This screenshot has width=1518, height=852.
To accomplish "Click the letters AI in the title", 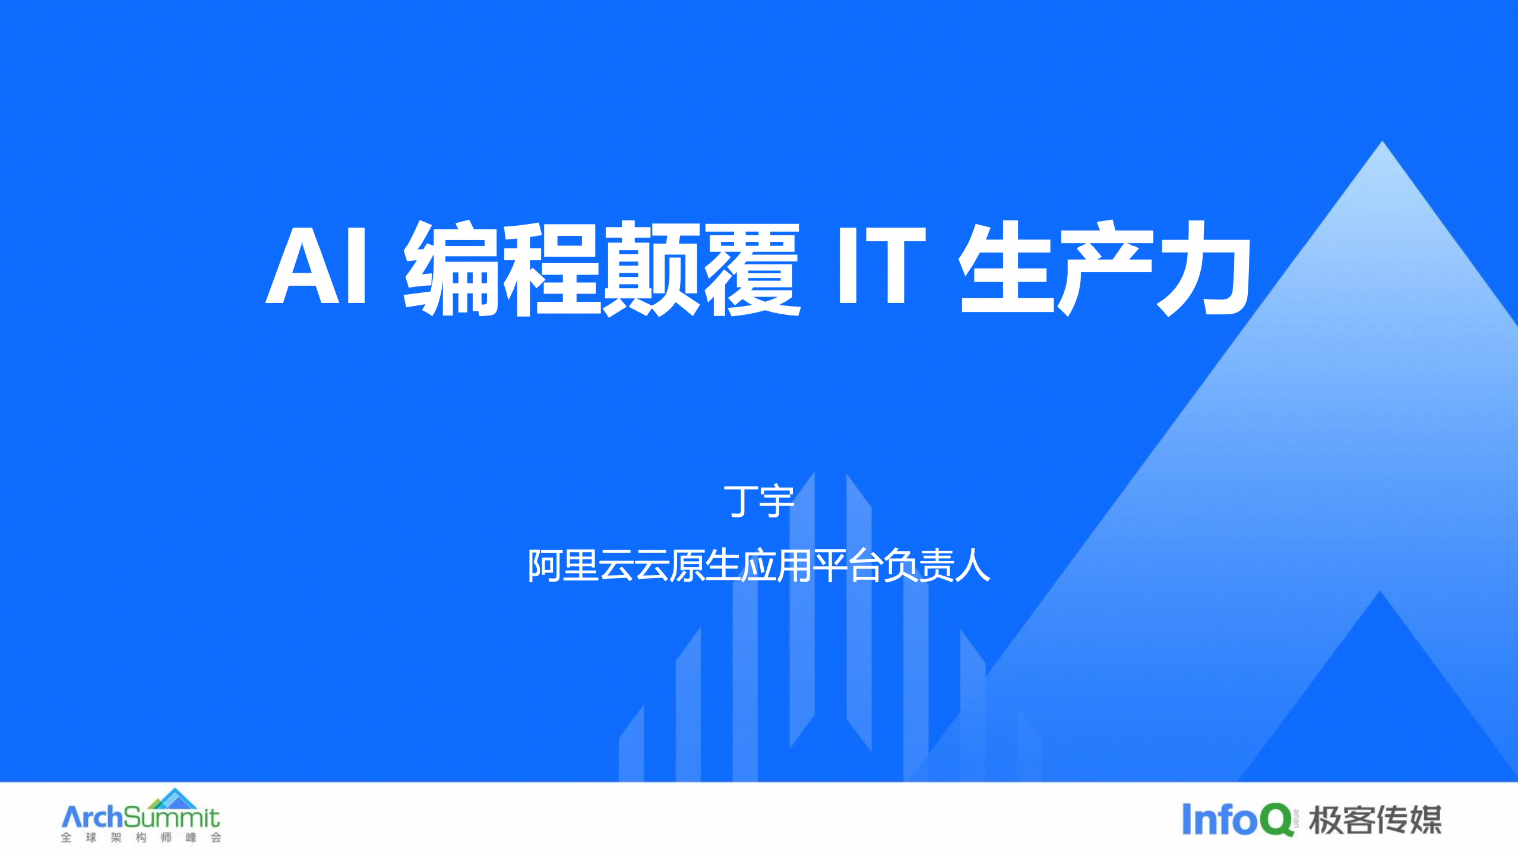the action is pos(315,264).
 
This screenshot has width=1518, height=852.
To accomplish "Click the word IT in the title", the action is pos(881,264).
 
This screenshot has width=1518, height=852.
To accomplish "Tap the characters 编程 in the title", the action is pos(501,267).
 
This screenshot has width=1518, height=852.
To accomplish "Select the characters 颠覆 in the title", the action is pos(701,267).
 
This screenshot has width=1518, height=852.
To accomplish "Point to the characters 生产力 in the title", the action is pos(1106,267).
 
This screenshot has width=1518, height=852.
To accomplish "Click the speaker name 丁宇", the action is pos(759,501).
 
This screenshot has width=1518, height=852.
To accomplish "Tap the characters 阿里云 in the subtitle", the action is pos(580,565).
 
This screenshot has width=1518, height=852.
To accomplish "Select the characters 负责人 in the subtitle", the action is pos(937,565).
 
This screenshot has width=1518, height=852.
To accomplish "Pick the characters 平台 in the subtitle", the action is pos(848,565).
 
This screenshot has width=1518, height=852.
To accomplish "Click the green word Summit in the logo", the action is pos(172,818).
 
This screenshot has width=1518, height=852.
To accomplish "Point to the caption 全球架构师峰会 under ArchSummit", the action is pos(141,838).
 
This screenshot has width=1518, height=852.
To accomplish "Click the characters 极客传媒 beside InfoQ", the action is pos(1375,821).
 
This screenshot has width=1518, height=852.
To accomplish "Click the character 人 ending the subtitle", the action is pos(973,565).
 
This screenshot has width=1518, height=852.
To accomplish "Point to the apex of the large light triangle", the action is pos(1382,141).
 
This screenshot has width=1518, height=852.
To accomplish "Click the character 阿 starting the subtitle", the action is pos(545,565).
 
